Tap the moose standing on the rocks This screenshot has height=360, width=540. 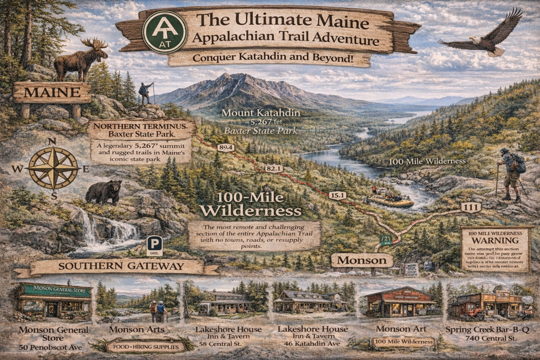click(x=81, y=59)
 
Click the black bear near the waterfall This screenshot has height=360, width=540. click(x=103, y=192)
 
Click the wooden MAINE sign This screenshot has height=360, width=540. click(x=52, y=93)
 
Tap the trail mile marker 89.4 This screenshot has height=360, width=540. click(x=225, y=148)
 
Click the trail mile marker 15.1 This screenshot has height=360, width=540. click(x=337, y=196)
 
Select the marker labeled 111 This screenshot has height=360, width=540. click(x=471, y=208)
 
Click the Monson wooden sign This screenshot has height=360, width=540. click(x=361, y=260)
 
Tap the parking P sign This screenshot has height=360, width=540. click(x=155, y=245)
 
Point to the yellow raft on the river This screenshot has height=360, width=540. click(x=391, y=201)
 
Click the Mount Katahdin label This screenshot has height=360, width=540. click(x=261, y=113)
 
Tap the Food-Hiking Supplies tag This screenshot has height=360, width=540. click(x=144, y=347)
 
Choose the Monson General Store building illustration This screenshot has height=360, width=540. click(x=55, y=303)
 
